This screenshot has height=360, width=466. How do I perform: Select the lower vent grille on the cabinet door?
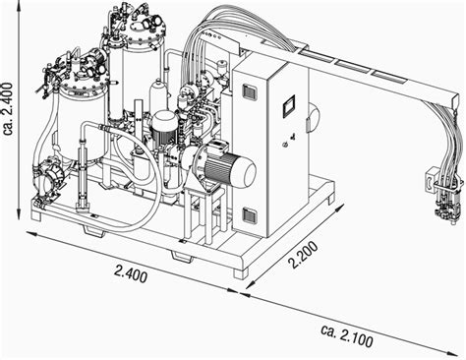(249, 214)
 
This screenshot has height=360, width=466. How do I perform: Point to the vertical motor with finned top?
(162, 125)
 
